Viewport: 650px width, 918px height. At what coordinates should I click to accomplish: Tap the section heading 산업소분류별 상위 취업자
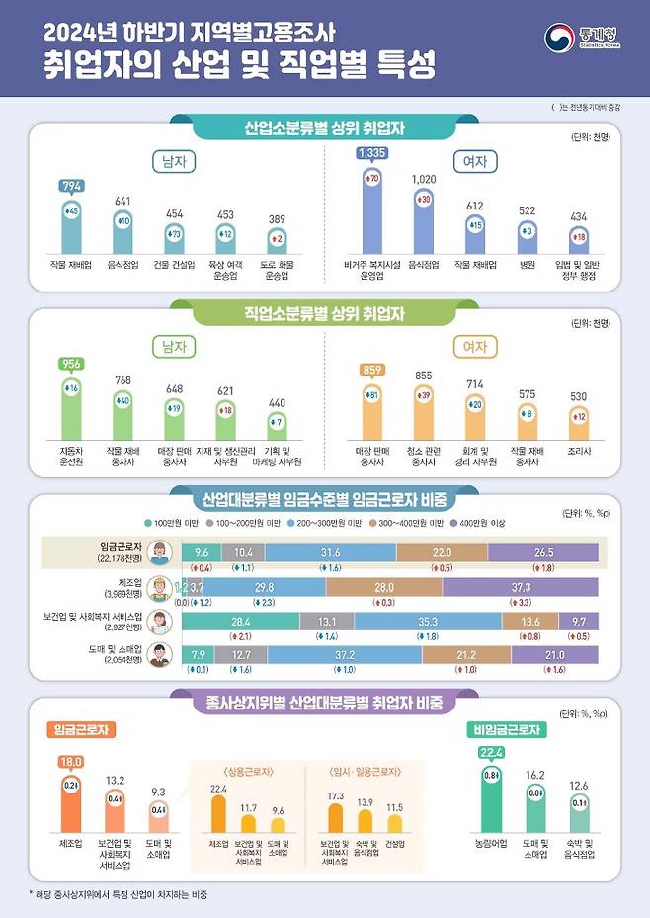point(324,127)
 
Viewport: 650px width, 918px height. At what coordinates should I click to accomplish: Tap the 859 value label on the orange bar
point(371,370)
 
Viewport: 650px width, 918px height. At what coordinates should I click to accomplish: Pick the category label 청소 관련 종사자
point(422,456)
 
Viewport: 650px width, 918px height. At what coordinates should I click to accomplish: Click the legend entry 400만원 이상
point(481,523)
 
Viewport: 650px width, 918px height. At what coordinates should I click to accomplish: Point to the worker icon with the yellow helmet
point(162,589)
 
